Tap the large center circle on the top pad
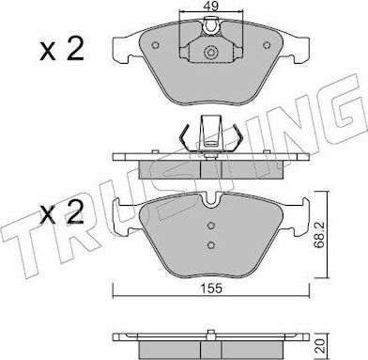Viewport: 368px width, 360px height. pos(211,55)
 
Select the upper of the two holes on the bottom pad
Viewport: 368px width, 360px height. pos(212,226)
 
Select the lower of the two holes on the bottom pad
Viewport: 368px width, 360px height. pos(212,246)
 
